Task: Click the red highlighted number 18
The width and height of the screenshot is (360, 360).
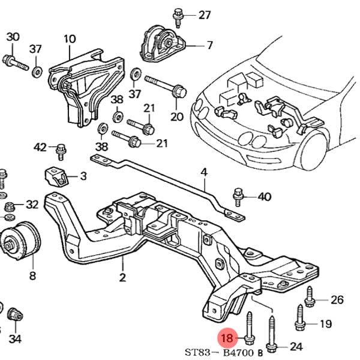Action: coord(227,338)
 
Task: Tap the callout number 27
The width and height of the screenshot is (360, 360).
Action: coord(205,14)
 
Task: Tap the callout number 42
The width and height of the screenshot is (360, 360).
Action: coord(40,147)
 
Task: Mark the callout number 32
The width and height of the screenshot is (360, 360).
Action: coord(32,205)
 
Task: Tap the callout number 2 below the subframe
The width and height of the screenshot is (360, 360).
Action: coord(122,278)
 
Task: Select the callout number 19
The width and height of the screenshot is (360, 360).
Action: coord(325,324)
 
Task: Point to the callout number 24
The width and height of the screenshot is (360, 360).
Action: coord(296,346)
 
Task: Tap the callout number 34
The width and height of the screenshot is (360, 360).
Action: coord(15,339)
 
